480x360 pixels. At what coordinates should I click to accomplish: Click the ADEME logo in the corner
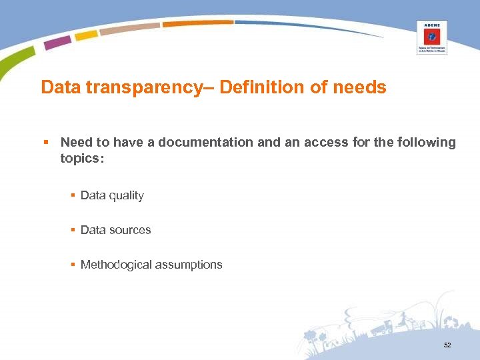[x=432, y=37]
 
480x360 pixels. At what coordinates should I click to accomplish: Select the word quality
[x=126, y=195]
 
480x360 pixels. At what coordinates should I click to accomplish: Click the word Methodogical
[x=116, y=265]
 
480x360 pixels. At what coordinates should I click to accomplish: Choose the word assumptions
[x=189, y=265]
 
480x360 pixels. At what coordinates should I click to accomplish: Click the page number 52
[x=447, y=345]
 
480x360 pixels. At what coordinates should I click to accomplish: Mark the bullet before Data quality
[x=73, y=195]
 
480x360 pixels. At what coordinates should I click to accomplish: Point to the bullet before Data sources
[x=73, y=230]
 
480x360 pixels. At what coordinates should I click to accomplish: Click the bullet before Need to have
[x=45, y=142]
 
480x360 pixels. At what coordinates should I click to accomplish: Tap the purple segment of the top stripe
[x=57, y=43]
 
